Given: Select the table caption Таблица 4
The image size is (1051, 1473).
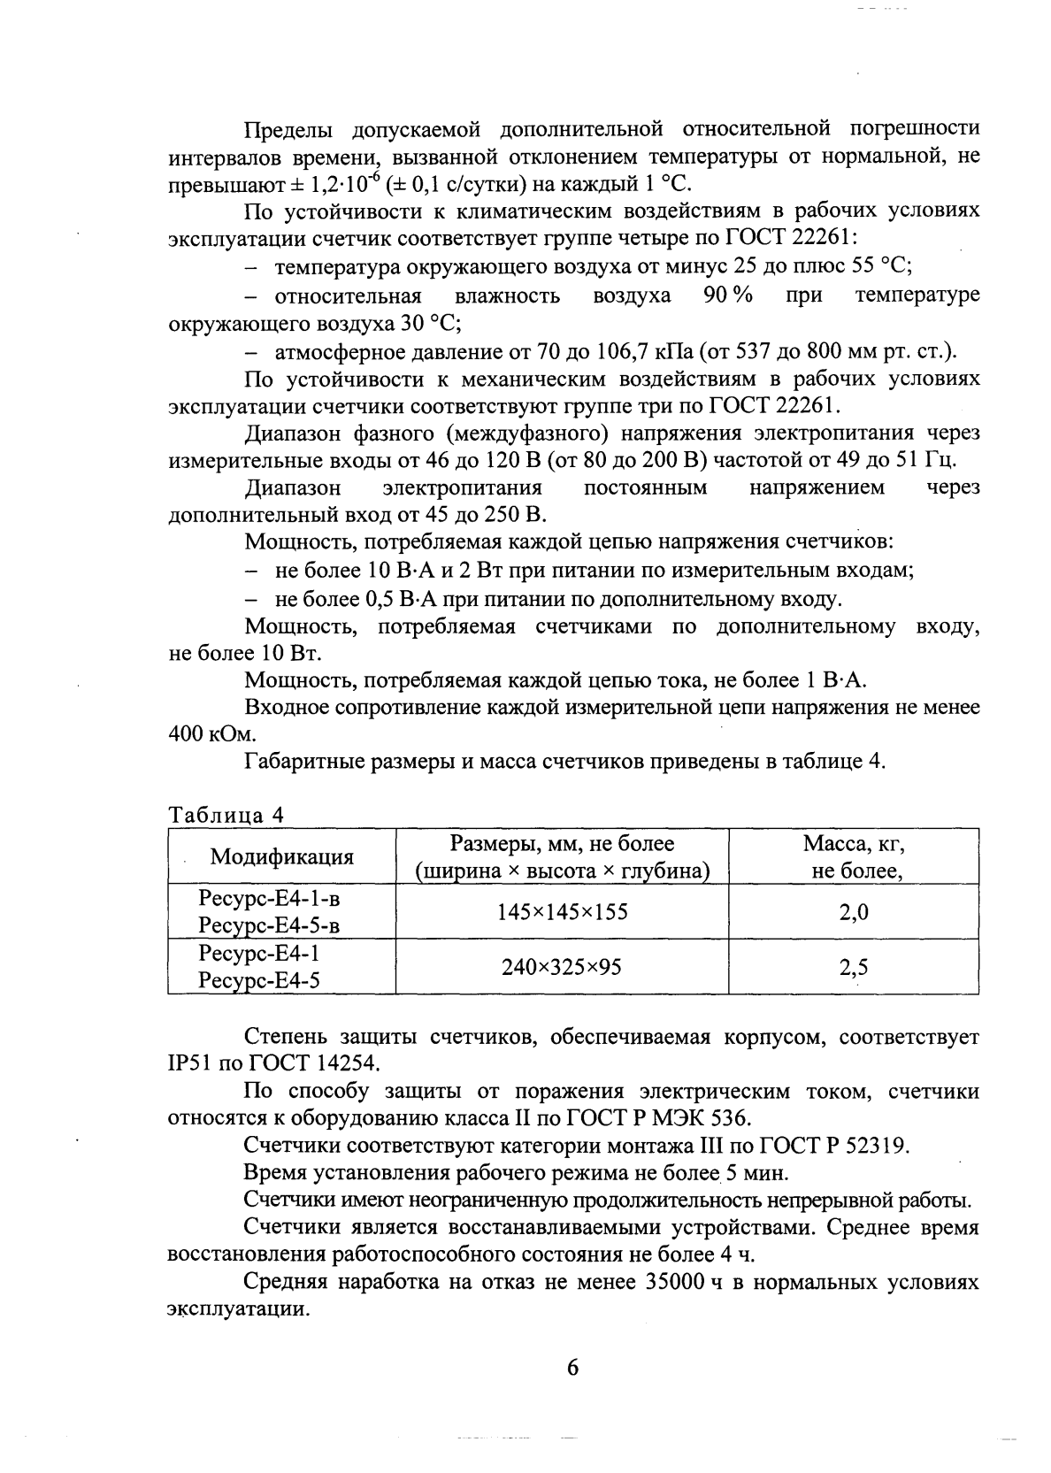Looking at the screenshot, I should (x=226, y=815).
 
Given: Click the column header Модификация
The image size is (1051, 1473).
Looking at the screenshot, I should (x=281, y=857).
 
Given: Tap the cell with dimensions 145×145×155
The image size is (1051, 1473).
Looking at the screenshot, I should (x=563, y=912).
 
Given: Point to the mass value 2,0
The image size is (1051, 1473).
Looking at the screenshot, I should (x=854, y=912).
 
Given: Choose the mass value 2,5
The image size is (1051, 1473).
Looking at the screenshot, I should (x=854, y=967).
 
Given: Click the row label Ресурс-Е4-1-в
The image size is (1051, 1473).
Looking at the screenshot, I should (x=269, y=899).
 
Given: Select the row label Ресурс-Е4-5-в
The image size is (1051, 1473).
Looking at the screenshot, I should (x=269, y=926).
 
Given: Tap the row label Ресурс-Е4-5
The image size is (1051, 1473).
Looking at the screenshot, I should (x=259, y=981).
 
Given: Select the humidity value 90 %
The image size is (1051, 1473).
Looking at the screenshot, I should (x=727, y=295).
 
